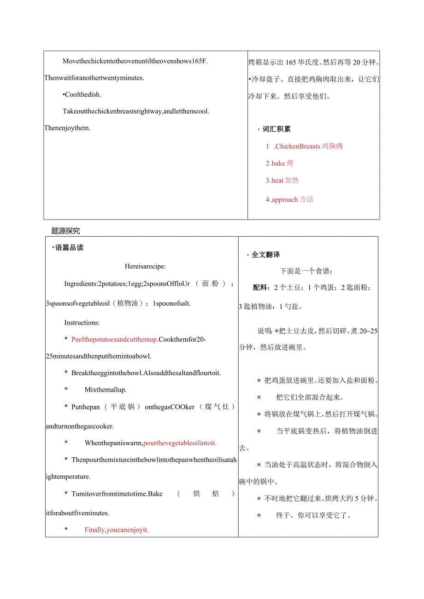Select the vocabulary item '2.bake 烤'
[279, 163]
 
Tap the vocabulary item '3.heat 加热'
[282, 180]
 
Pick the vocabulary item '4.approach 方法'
[289, 200]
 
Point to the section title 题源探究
[65, 231]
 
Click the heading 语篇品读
[69, 248]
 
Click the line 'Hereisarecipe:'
[145, 266]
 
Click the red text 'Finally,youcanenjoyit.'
[117, 530]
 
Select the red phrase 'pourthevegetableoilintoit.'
[180, 443]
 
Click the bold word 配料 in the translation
[260, 288]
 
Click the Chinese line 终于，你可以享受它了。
[313, 515]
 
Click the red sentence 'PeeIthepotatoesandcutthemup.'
[115, 340]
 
